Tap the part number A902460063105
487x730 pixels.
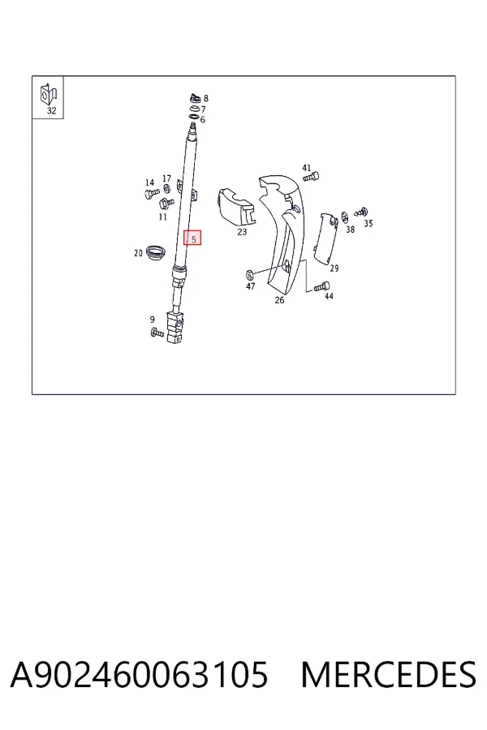[x=139, y=675]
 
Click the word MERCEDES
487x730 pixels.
[x=388, y=675]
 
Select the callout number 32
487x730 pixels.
[x=51, y=111]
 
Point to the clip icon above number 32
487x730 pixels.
[x=49, y=95]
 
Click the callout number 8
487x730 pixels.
[x=206, y=99]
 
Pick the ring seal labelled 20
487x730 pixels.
[x=156, y=253]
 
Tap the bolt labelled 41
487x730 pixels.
[x=311, y=177]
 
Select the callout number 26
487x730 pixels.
[x=279, y=300]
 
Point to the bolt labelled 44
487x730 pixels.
[x=322, y=287]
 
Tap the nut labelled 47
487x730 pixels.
[x=249, y=273]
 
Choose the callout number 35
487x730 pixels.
[x=368, y=224]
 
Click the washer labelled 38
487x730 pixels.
[x=345, y=217]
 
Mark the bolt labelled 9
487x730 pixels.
[x=157, y=333]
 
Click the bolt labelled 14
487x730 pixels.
[x=152, y=192]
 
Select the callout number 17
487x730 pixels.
[x=166, y=178]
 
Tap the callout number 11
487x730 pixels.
[x=162, y=217]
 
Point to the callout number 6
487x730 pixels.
[x=203, y=120]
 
